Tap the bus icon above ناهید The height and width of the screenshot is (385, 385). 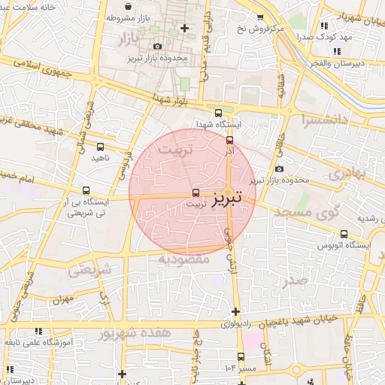[101, 147]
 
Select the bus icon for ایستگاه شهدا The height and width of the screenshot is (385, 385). [217, 114]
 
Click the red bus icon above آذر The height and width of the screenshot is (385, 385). [229, 139]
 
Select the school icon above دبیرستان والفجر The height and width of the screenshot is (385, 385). [336, 51]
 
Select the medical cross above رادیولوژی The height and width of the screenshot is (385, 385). [235, 311]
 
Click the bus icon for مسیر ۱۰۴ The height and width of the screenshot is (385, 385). [241, 356]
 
